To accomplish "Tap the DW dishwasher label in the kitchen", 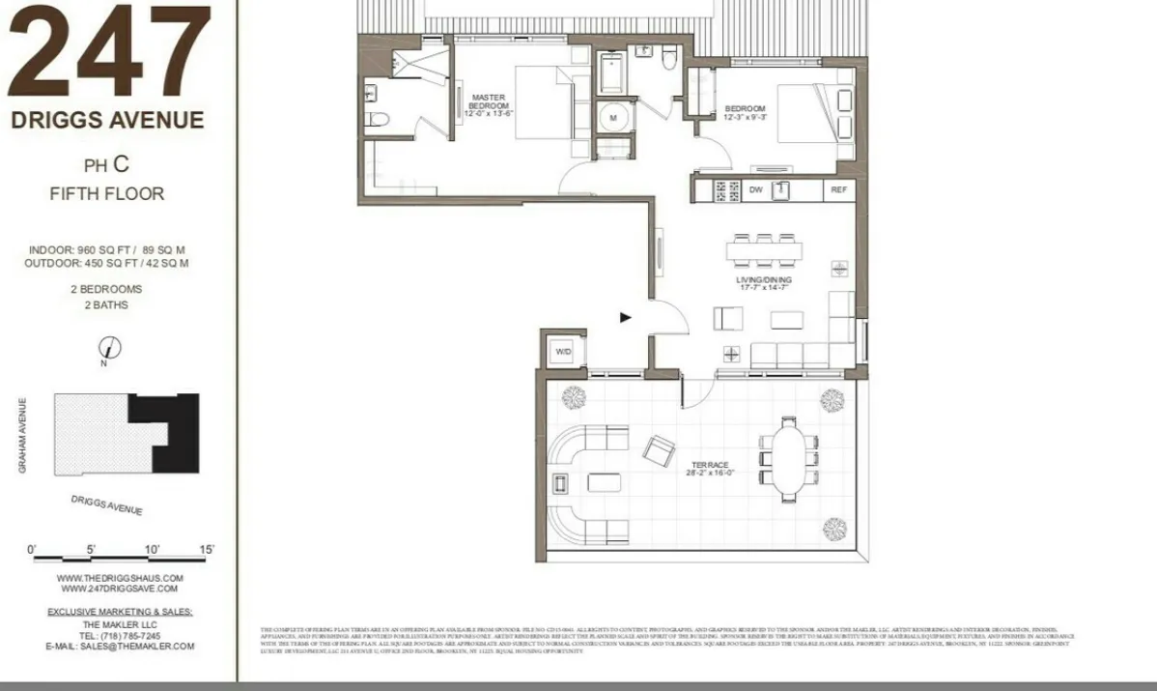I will (x=756, y=190).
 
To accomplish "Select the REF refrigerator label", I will (x=838, y=190).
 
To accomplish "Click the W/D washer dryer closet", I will (x=563, y=352).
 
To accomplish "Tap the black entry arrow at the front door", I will (x=625, y=316).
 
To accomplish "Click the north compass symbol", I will (x=110, y=347).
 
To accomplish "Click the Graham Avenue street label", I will (x=21, y=436).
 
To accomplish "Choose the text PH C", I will (x=106, y=164).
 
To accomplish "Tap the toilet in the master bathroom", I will (x=379, y=120).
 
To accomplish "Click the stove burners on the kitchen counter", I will (x=726, y=190).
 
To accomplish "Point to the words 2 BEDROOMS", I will (x=106, y=289).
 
